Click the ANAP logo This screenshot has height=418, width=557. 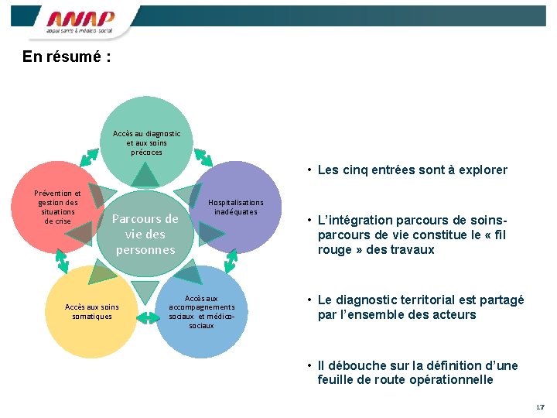click(80, 22)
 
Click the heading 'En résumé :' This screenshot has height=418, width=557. click(67, 57)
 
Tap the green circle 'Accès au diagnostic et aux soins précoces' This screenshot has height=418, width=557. click(146, 132)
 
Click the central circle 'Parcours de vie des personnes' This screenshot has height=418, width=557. click(145, 234)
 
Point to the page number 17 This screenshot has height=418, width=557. click(539, 407)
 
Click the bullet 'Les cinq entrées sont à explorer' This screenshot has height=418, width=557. click(412, 170)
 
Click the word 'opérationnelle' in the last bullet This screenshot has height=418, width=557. click(454, 379)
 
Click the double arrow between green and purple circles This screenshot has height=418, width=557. click(202, 156)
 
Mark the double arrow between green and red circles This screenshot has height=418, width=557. click(90, 155)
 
